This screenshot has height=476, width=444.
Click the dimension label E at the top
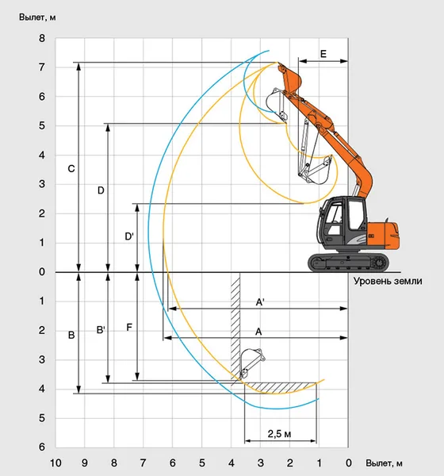click(x=323, y=54)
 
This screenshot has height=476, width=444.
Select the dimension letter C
click(x=71, y=168)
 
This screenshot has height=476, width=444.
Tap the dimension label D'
click(x=129, y=236)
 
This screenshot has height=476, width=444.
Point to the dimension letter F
click(x=129, y=328)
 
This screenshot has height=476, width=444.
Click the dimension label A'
click(x=260, y=302)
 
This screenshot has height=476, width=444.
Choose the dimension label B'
click(x=101, y=330)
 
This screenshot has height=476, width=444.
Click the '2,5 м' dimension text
click(x=279, y=434)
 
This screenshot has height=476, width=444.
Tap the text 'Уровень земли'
click(x=388, y=281)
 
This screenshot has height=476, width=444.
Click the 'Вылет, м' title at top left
click(x=37, y=17)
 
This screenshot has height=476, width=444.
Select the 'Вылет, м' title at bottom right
click(x=384, y=463)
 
